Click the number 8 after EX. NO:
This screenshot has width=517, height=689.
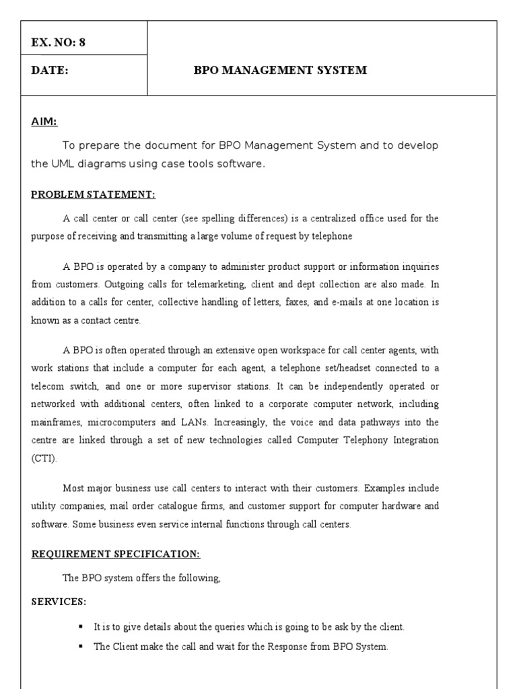82,42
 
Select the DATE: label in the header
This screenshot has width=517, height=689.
50,71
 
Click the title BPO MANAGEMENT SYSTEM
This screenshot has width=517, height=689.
280,71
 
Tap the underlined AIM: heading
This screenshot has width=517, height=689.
44,122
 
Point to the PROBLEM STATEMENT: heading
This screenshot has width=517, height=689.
93,195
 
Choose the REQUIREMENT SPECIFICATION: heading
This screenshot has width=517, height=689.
115,554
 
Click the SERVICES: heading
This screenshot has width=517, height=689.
59,601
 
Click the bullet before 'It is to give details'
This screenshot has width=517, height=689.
81,626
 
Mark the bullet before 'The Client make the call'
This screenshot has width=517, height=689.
81,645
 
